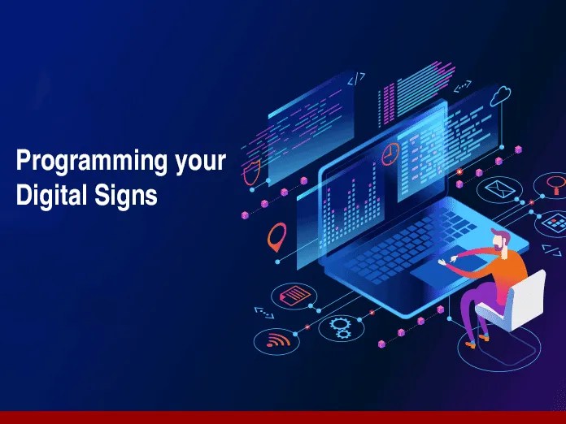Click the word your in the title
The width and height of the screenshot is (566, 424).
[200, 162]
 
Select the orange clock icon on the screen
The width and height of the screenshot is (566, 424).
[391, 153]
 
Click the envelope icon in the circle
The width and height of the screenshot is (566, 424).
[495, 189]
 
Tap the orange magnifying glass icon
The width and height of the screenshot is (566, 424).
[555, 182]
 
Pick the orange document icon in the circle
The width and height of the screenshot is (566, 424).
[297, 293]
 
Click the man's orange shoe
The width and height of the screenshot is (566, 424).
[471, 343]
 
